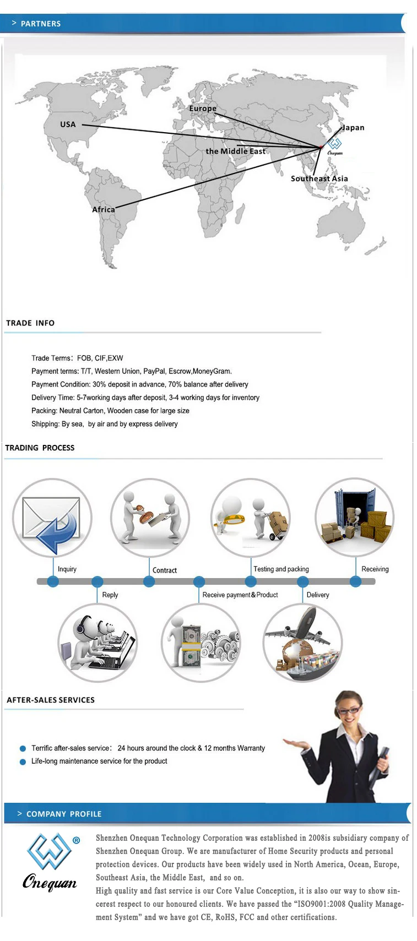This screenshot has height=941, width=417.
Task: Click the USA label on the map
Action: [x=68, y=124]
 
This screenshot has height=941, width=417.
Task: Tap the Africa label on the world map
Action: [x=104, y=209]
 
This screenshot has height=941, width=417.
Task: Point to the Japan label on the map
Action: [x=353, y=128]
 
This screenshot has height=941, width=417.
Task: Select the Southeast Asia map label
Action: [x=319, y=178]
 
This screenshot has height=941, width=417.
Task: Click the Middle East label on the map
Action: [x=236, y=151]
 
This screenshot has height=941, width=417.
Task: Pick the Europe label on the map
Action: [x=203, y=108]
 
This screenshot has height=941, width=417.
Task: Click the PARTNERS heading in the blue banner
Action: [x=40, y=24]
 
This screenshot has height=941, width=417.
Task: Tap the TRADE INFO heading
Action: [x=30, y=323]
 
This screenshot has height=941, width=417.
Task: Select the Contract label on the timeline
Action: [x=165, y=570]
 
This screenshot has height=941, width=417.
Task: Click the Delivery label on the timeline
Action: [x=318, y=595]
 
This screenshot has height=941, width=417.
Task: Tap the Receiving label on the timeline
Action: [x=375, y=569]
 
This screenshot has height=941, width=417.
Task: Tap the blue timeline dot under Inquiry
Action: [x=53, y=581]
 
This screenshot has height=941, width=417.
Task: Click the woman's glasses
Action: [x=350, y=710]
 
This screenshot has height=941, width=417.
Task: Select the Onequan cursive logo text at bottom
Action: [x=50, y=882]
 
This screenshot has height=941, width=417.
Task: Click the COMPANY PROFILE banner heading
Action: [x=64, y=814]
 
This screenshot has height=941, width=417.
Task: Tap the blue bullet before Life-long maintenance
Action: [x=23, y=761]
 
